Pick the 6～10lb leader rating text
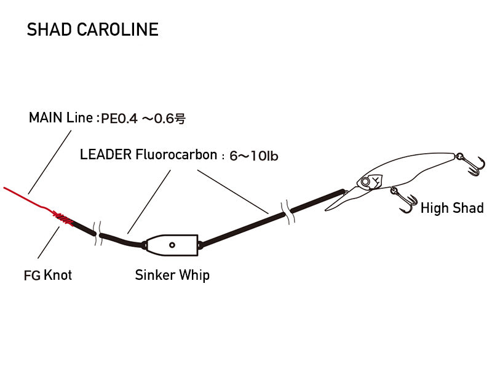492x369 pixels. coord(253,156)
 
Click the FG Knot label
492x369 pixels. coord(47,275)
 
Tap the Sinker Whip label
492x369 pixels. coord(172,274)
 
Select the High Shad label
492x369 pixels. coord(451,208)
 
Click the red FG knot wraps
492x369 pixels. coord(61,216)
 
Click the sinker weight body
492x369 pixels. coord(172,244)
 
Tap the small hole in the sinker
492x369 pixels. coord(172,244)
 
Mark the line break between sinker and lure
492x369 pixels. coord(285,210)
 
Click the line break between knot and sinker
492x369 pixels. coord(97,233)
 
